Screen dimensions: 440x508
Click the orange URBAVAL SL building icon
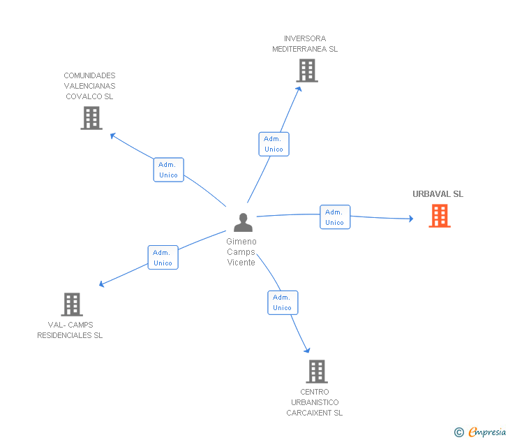pyautogui.click(x=439, y=216)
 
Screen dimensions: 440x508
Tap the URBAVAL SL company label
pyautogui.click(x=438, y=194)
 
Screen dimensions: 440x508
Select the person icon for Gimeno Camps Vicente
pyautogui.click(x=243, y=222)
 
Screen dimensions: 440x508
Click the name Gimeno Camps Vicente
pyautogui.click(x=241, y=251)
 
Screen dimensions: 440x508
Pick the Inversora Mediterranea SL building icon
pyautogui.click(x=306, y=71)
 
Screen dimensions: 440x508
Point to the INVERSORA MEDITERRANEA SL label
pyautogui.click(x=305, y=44)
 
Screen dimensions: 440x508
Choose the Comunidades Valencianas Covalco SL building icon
pyautogui.click(x=91, y=118)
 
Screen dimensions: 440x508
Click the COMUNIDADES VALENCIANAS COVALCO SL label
pyautogui.click(x=89, y=86)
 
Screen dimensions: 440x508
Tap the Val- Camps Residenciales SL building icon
pyautogui.click(x=72, y=305)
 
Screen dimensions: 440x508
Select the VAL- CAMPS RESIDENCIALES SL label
pyautogui.click(x=70, y=330)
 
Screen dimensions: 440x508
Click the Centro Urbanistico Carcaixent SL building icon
pyautogui.click(x=317, y=372)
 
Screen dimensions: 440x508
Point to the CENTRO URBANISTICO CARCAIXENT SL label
pyautogui.click(x=315, y=402)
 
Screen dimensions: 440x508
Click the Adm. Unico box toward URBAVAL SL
pyautogui.click(x=335, y=217)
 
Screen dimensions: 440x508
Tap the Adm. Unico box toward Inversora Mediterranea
pyautogui.click(x=274, y=144)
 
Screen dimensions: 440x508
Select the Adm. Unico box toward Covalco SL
pyautogui.click(x=168, y=170)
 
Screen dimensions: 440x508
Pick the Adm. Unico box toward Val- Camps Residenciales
pyautogui.click(x=163, y=258)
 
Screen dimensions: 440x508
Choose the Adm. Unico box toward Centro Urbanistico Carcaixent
pyautogui.click(x=283, y=302)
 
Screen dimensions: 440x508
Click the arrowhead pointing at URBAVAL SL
pyautogui.click(x=410, y=219)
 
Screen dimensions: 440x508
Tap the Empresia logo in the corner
pyautogui.click(x=487, y=432)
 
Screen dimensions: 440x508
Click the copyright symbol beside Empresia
pyautogui.click(x=458, y=432)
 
